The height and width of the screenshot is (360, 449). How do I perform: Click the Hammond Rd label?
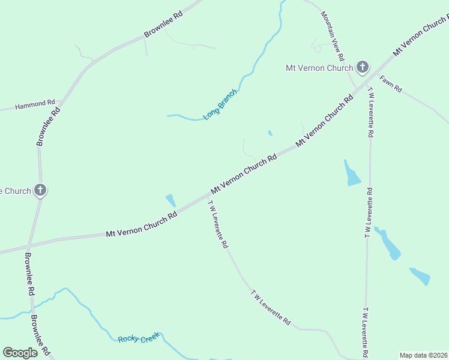click(x=35, y=104)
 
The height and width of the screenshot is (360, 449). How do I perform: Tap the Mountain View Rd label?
click(x=332, y=35)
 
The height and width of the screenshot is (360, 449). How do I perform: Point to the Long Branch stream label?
click(x=220, y=104)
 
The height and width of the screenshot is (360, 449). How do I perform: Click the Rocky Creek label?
click(x=139, y=339)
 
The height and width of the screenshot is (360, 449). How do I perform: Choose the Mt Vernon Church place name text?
click(x=319, y=68)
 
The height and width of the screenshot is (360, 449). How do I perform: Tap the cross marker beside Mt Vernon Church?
click(x=362, y=67)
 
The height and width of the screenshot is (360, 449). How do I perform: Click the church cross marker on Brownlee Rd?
click(x=40, y=191)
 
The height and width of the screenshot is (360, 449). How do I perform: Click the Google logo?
click(x=20, y=353)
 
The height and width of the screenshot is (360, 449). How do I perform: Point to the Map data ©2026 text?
click(x=423, y=355)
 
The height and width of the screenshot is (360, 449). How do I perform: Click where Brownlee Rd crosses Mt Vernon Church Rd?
click(x=28, y=245)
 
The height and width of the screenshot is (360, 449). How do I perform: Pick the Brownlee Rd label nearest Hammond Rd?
click(x=49, y=126)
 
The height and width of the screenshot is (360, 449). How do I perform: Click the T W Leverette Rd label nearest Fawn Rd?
click(x=370, y=114)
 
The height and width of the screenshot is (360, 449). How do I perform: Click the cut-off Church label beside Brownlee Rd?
click(x=16, y=191)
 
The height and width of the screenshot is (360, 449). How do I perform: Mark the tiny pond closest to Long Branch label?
click(x=270, y=133)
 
